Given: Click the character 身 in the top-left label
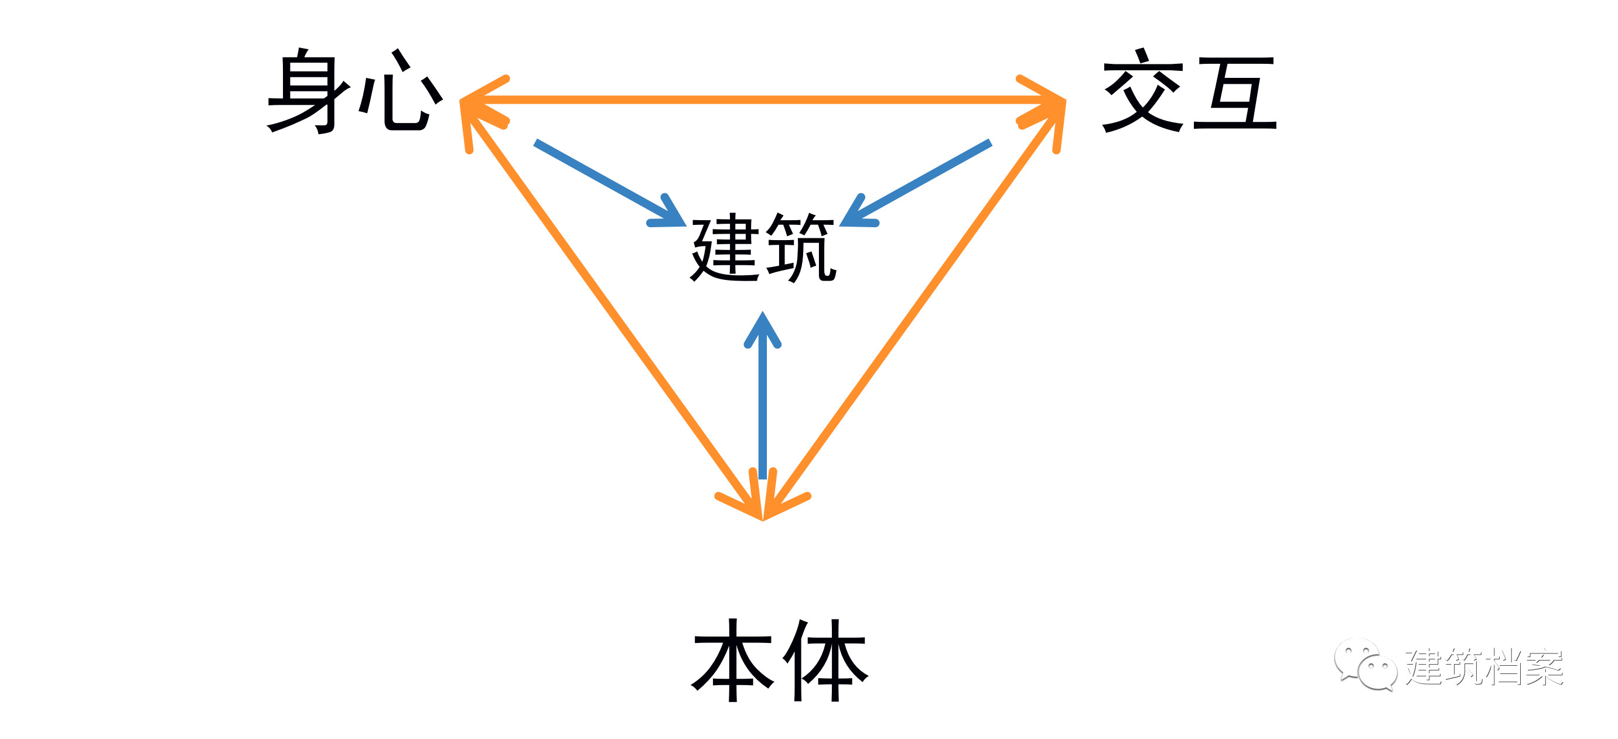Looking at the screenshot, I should [x=308, y=91].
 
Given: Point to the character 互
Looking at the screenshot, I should [x=1234, y=93].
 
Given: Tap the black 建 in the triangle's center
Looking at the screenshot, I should [x=725, y=248].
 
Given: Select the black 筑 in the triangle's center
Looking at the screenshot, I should [x=801, y=248].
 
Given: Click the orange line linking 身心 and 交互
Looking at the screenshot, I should [x=763, y=100].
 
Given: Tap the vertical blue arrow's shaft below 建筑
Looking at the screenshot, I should [x=763, y=415].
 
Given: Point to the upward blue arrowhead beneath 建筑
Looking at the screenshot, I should [x=763, y=330].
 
